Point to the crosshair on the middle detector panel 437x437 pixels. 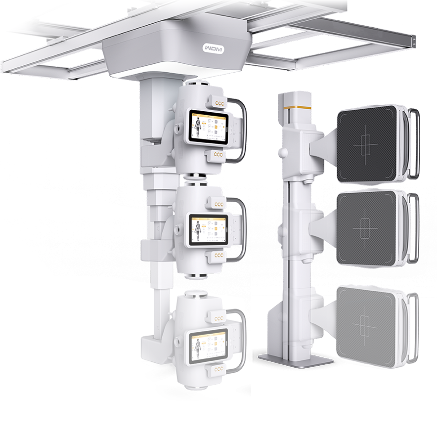click(367, 228)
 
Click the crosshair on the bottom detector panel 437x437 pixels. click(366, 326)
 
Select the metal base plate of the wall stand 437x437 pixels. click(295, 359)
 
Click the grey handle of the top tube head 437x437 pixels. click(242, 129)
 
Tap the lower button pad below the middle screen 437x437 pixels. click(218, 256)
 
